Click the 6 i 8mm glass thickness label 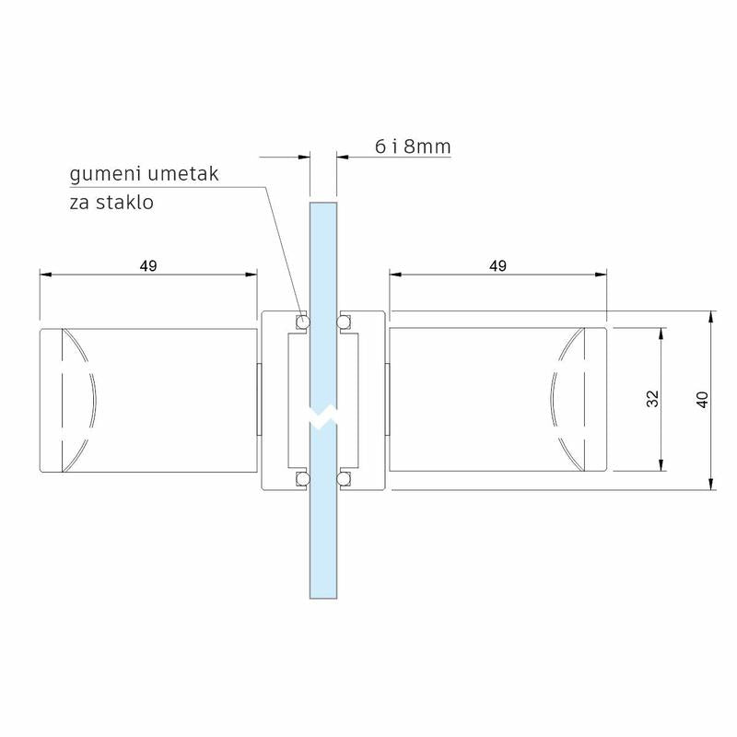[413, 146]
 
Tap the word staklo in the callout [124, 203]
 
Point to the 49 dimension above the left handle [148, 266]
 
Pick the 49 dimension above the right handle [497, 266]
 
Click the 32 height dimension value [653, 399]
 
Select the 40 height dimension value [702, 400]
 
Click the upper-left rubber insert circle [302, 322]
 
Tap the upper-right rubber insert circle [344, 322]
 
